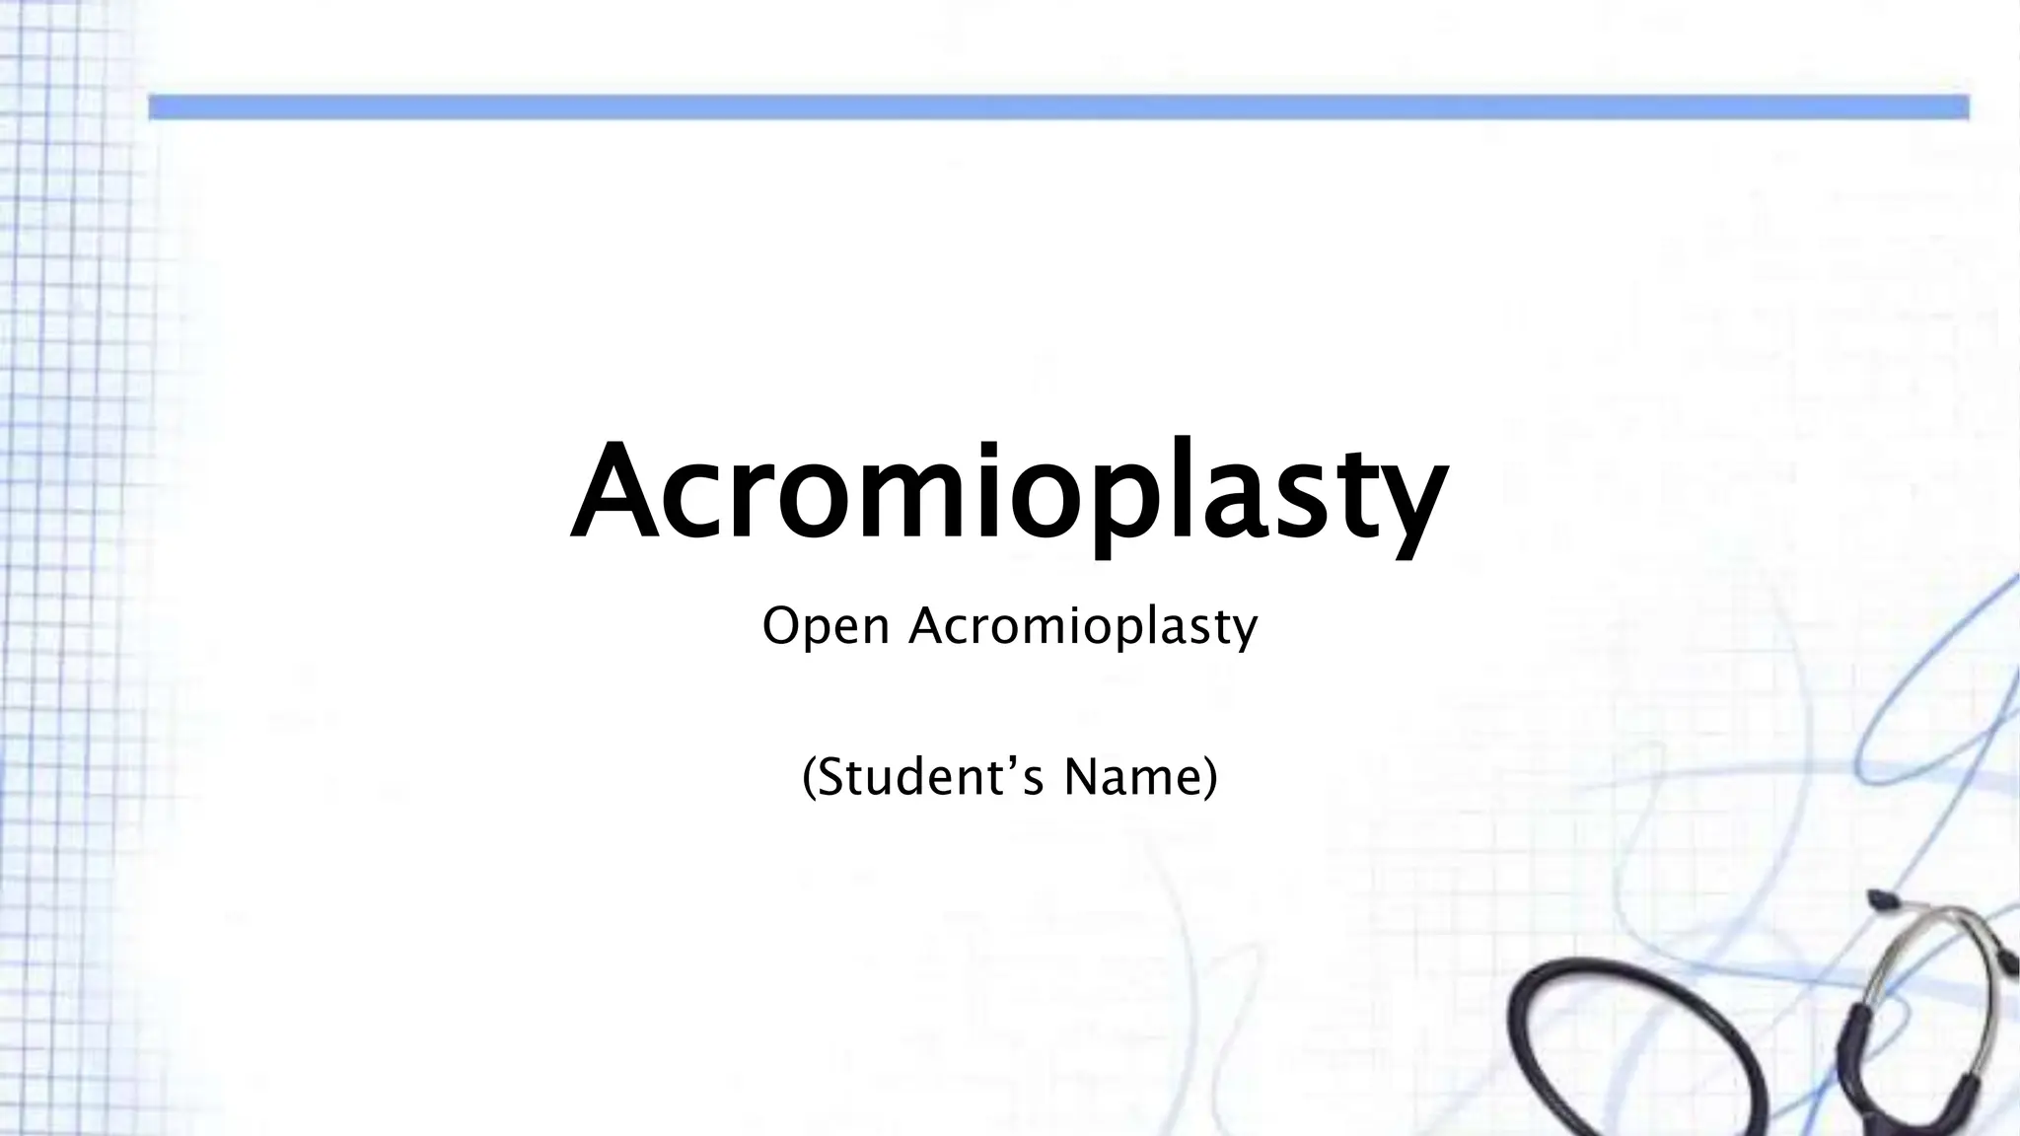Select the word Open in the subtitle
(826, 626)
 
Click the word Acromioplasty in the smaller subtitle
(1083, 626)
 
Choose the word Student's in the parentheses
(930, 777)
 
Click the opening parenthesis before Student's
(809, 779)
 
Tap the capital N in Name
(1079, 777)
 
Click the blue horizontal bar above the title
(1058, 107)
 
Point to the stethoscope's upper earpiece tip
(1879, 899)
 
